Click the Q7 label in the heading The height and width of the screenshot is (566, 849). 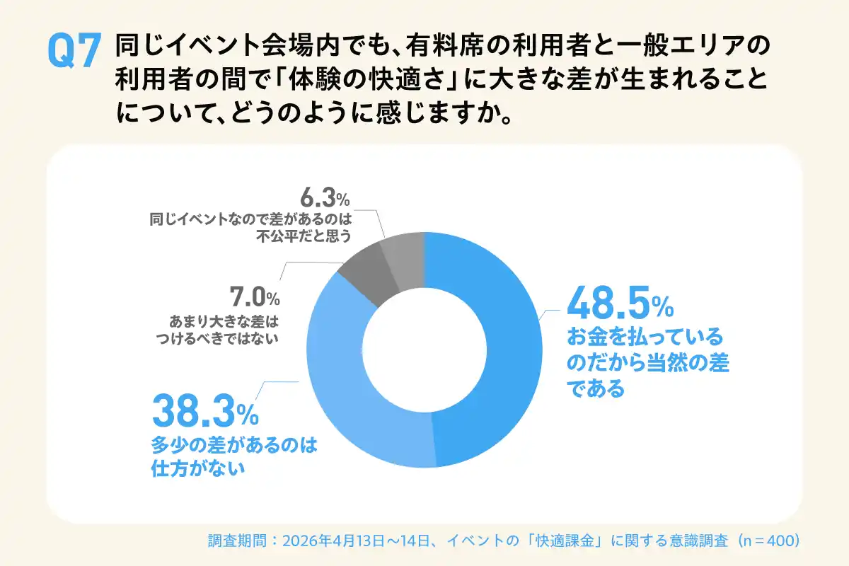click(71, 51)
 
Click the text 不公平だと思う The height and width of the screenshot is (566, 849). click(305, 236)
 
